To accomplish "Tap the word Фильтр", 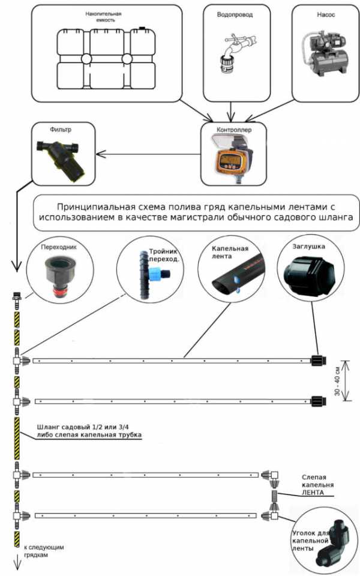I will click(62, 130).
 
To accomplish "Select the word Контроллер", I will click(231, 128).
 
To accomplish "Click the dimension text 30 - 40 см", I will click(339, 380).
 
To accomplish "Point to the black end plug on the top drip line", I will click(317, 361).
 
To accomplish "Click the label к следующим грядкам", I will click(44, 551).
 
